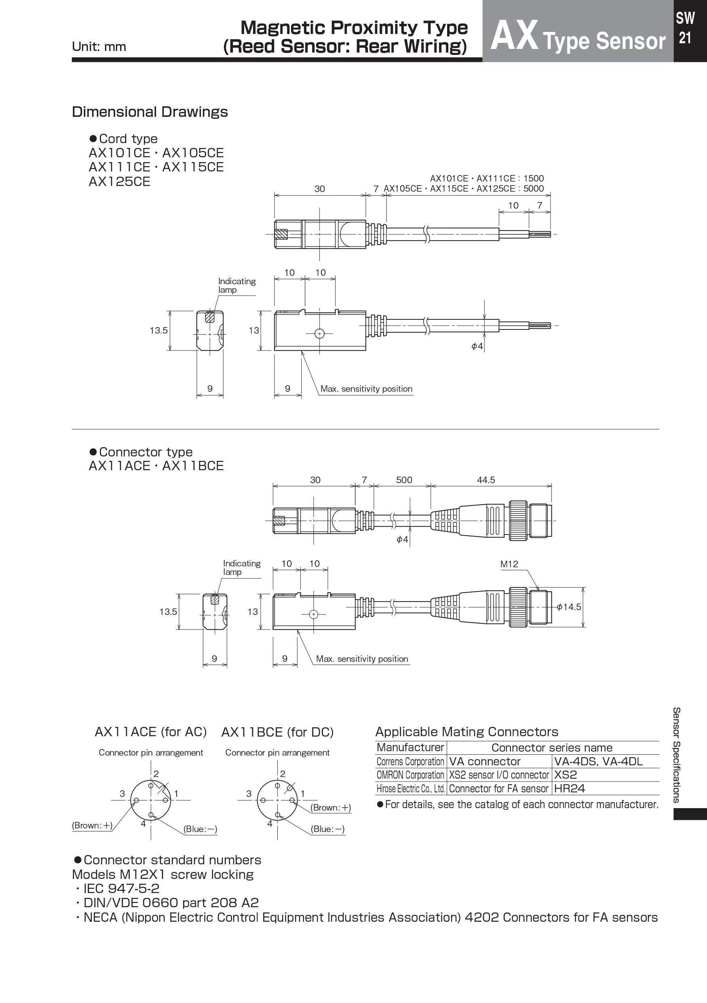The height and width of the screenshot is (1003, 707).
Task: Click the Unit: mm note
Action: coord(99,47)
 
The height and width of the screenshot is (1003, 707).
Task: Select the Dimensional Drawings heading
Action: coord(150,112)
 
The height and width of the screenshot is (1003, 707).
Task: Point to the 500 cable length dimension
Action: coord(404,479)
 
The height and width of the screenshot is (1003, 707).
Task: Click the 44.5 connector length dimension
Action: coord(485,479)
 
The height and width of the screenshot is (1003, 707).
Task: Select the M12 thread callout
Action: coord(509,564)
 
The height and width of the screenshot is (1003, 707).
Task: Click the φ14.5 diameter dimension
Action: coord(570,607)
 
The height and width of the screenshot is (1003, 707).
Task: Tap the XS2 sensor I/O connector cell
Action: coord(499,775)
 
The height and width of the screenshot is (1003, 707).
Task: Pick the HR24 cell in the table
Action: coord(570,788)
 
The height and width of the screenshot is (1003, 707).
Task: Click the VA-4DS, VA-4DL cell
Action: coord(598,761)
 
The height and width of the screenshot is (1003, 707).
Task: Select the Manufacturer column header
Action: coord(410,747)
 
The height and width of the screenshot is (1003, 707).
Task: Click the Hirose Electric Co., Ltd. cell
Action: coord(410,788)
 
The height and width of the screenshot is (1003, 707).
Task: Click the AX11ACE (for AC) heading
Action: coord(151,732)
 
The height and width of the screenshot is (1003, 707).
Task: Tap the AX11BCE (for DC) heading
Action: coord(277,732)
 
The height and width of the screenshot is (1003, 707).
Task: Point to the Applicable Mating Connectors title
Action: coord(466,732)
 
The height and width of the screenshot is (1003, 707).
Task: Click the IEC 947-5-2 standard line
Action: coord(120,888)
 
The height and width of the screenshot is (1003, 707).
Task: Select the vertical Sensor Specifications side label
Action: coord(675,755)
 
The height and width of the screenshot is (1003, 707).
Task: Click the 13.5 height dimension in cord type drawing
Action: coord(158,330)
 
